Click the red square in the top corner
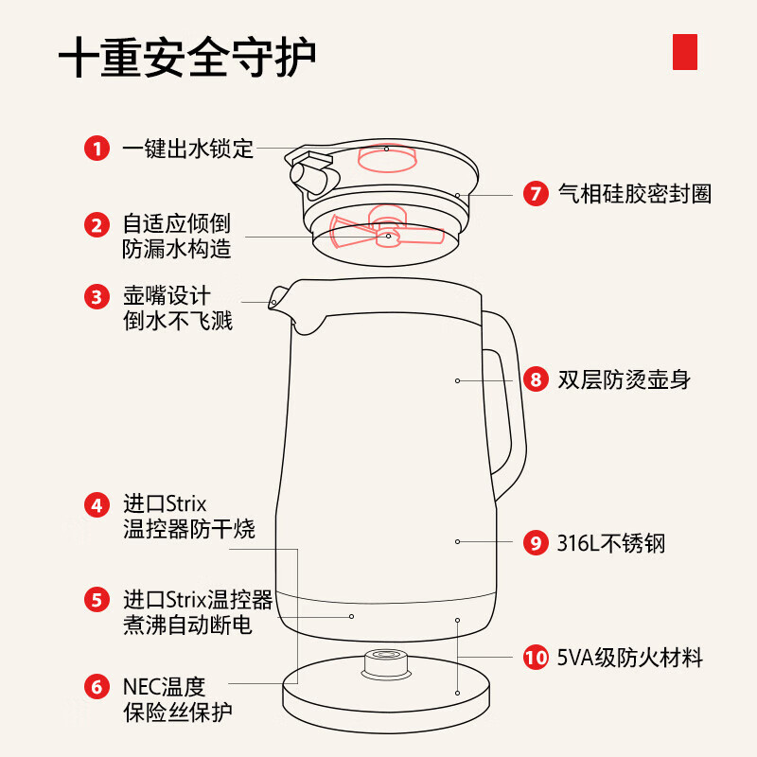[x=684, y=51]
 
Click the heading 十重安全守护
[x=187, y=59]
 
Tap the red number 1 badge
[x=96, y=149]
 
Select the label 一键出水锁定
[x=188, y=149]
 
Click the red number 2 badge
[x=96, y=225]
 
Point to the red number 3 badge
[x=96, y=297]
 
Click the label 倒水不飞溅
[x=178, y=321]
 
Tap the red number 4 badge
[x=96, y=504]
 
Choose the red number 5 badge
[x=96, y=599]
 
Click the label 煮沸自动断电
[x=187, y=625]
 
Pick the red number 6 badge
[x=96, y=687]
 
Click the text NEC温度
[x=164, y=686]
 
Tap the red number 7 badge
[x=536, y=195]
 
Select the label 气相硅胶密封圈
[x=634, y=195]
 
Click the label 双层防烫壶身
[x=624, y=380]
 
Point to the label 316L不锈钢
[x=610, y=543]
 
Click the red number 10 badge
[x=536, y=657]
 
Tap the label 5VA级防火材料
[x=629, y=657]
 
